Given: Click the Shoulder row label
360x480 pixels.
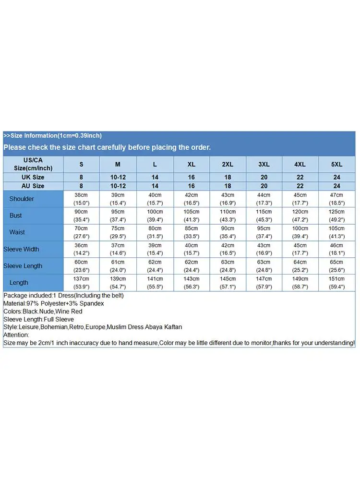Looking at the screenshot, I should tap(22, 199).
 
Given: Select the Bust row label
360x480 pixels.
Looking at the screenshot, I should tap(16, 216).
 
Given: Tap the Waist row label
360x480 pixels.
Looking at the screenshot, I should tap(17, 232).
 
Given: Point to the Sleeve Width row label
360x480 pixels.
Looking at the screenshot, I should tap(22, 249).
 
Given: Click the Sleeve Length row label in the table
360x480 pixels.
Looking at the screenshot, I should tap(23, 266).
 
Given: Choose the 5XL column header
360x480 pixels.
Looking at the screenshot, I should tap(336, 164).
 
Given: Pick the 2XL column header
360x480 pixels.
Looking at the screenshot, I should tap(228, 164).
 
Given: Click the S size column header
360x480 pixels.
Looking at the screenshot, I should tap(81, 164).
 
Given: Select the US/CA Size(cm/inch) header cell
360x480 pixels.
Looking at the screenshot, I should tap(33, 164).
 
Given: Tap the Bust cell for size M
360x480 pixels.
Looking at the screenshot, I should tap(118, 216).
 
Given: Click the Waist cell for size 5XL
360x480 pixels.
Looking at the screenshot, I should tap(336, 232).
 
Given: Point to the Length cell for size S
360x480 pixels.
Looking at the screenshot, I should tap(81, 283).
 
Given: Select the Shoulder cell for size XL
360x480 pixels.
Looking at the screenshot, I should tap(191, 199).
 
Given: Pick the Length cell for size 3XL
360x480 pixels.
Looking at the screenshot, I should tap(264, 283).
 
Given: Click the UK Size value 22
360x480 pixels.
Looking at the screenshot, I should tap(300, 177).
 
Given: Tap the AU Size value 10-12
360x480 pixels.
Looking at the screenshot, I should tap(118, 186).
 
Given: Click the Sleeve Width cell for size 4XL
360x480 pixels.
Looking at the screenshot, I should tap(300, 249).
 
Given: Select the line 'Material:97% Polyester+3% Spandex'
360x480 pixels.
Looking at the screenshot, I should tap(54, 304).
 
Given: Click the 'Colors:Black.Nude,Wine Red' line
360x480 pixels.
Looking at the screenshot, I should tap(43, 312).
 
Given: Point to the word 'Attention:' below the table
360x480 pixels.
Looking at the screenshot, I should tap(16, 335).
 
